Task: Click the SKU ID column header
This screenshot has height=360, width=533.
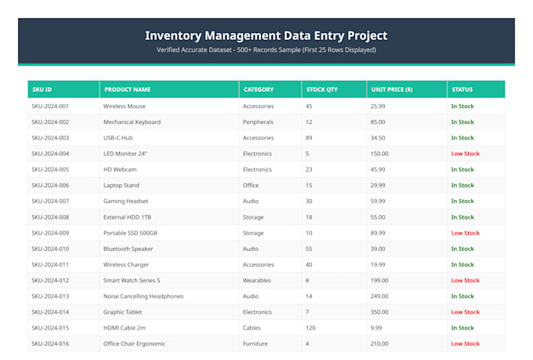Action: coord(42,89)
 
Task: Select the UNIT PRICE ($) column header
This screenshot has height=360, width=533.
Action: coord(392,89)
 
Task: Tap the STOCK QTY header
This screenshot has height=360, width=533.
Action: coord(322,89)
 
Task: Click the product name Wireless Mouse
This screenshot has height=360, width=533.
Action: coord(125,106)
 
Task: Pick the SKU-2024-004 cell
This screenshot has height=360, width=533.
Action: coord(50,154)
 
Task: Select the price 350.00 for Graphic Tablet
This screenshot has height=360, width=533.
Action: coord(379,312)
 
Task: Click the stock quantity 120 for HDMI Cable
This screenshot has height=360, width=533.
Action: coord(310,328)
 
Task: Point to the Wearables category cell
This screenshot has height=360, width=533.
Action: coord(257,280)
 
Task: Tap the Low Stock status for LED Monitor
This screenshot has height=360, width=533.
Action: coord(466,154)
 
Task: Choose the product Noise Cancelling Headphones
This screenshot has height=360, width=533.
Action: coord(143,296)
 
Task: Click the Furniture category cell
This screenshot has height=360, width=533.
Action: coord(256,344)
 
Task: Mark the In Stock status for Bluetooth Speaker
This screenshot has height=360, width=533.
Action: coord(462,249)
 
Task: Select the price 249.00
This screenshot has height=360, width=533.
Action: coord(379,296)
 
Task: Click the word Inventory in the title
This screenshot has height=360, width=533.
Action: coord(173,36)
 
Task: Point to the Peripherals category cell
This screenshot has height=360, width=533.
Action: coord(258,122)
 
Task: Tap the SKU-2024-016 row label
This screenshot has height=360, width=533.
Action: coord(50,344)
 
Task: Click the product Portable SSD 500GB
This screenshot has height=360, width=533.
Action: coord(130,233)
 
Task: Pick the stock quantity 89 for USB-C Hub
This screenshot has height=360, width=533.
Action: coord(309,138)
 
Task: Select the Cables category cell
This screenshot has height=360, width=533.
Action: coord(252,328)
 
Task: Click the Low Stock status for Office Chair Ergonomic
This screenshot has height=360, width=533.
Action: coord(466,344)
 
